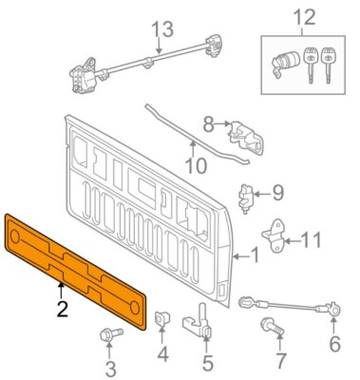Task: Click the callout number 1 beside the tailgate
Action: pos(253,254)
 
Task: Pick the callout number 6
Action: pos(333,344)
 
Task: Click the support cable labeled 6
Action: pos(285,309)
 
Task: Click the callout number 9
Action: pos(277,193)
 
